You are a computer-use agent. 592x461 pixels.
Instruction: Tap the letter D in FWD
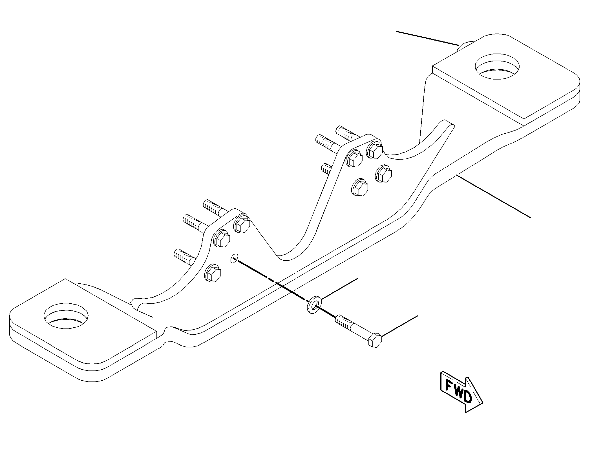click(x=467, y=397)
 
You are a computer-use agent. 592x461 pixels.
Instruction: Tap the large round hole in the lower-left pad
click(x=66, y=316)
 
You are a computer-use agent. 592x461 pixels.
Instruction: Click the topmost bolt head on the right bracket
click(x=375, y=149)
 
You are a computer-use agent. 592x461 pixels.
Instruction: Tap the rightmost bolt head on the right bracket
click(x=384, y=173)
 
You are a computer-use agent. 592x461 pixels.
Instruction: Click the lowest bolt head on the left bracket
click(x=213, y=272)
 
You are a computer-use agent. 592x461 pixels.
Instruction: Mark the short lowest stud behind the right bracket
click(x=327, y=169)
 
